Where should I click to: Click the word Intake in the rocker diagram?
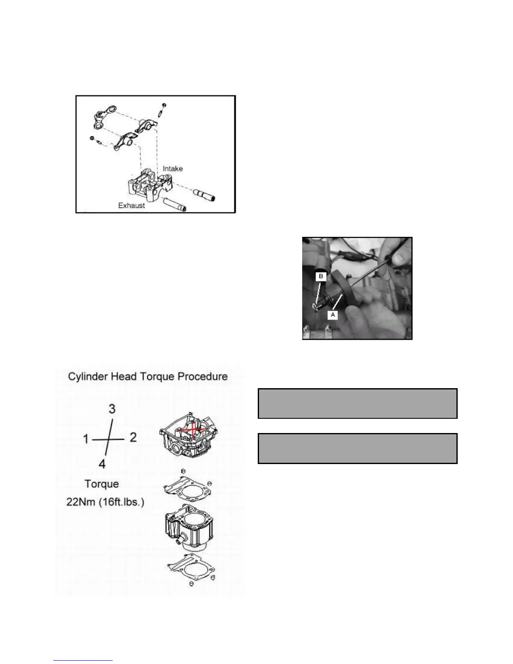tap(173, 169)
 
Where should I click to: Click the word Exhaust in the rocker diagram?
tap(131, 206)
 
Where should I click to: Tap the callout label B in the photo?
tap(321, 277)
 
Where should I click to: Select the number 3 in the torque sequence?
tap(112, 409)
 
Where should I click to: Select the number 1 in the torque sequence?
tap(85, 439)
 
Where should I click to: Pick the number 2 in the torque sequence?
tap(133, 438)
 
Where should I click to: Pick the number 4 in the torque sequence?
tap(102, 464)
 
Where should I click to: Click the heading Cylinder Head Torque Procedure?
tap(148, 376)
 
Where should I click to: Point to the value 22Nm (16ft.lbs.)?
tap(105, 502)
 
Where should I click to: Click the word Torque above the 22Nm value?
tap(101, 484)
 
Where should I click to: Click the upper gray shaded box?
tap(357, 404)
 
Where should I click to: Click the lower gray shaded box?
tap(357, 449)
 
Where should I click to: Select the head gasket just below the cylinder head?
tap(187, 486)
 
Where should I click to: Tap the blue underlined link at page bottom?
tap(83, 660)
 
